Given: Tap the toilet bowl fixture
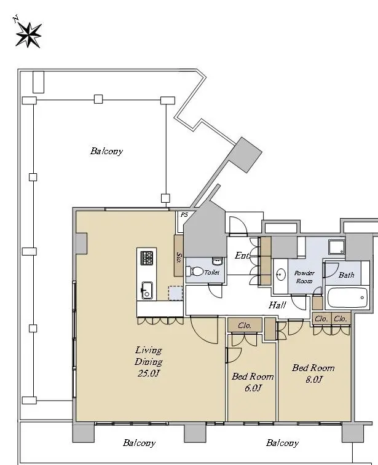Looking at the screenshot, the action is tap(194, 271).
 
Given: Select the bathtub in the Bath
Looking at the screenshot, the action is tap(347, 297).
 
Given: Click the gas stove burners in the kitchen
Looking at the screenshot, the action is tap(146, 258).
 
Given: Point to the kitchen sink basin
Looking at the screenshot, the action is tap(146, 291).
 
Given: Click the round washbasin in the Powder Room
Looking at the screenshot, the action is tap(281, 275).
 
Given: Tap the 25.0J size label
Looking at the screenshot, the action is tap(149, 373).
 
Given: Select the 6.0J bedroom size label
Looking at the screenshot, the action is tap(253, 388).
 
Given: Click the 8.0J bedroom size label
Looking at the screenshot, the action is tap(313, 379).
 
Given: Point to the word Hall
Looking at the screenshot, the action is tap(277, 305).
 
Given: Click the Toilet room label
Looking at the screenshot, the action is tap(212, 272).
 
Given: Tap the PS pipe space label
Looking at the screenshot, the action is tap(184, 215).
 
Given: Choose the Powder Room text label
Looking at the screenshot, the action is tap(304, 277).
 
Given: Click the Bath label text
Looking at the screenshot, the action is tap(346, 275).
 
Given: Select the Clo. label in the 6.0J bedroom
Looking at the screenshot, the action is tap(245, 326).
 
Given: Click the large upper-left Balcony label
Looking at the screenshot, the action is tap(106, 151).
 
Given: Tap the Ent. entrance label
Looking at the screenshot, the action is tap(242, 256).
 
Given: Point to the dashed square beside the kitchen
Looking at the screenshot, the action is tap(175, 293).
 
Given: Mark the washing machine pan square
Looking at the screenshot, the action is tap(337, 247).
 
